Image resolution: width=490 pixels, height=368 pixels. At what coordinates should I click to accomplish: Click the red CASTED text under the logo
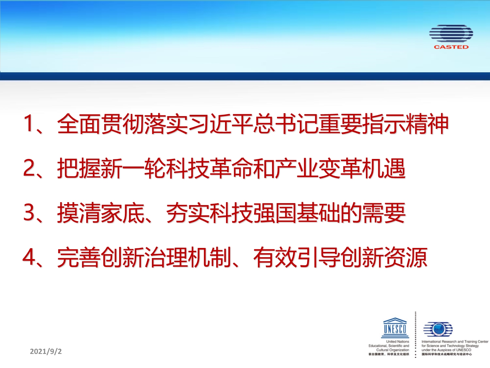click(451, 47)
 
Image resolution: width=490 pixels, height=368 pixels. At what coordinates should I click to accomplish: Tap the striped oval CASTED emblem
click(451, 34)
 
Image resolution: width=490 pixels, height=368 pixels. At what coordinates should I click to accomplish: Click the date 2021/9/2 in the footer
click(46, 351)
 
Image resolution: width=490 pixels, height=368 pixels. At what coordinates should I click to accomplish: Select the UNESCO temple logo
click(395, 328)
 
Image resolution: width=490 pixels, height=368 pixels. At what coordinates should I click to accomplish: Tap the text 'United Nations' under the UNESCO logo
click(398, 342)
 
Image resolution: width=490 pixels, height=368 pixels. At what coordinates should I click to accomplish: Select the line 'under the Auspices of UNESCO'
click(446, 350)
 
